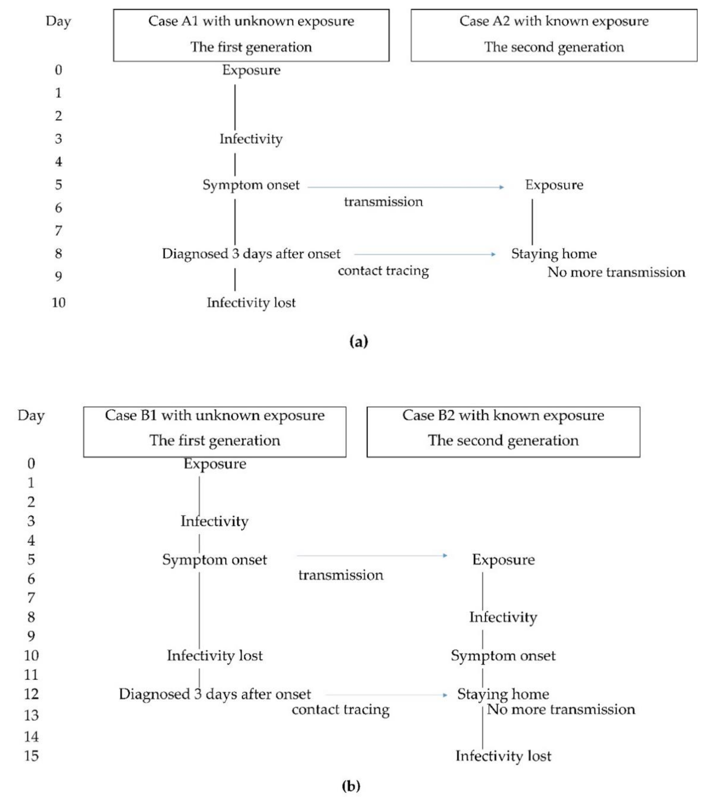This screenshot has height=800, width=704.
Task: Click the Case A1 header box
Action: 251,35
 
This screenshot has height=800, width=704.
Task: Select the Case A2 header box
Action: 554,35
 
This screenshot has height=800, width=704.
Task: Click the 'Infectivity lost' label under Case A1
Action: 251,303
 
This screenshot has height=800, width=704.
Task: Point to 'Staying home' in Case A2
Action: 554,254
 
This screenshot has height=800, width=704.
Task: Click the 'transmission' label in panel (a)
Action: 383,202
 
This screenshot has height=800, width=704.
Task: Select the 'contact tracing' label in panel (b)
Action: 341,709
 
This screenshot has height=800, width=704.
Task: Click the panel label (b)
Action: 351,785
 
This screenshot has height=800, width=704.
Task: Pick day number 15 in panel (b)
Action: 31,755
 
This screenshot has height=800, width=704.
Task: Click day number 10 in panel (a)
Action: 58,303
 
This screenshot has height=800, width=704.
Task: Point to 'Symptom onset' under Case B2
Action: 503,655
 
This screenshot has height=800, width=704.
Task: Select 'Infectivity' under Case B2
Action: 503,617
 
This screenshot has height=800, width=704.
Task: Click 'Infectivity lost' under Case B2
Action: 503,755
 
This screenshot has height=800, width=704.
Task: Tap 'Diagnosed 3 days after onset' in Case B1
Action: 214,694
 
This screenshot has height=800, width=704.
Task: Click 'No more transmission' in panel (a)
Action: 616,272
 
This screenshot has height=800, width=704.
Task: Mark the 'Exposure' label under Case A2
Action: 554,185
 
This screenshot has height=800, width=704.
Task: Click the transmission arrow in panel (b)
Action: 371,555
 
